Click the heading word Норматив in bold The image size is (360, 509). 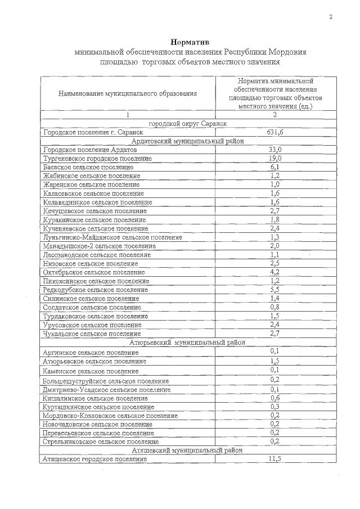tap(189, 42)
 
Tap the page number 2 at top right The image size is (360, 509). tap(331, 17)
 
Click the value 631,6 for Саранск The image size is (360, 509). tap(275, 132)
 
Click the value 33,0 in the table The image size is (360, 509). tap(275, 150)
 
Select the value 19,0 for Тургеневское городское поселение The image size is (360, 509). tap(275, 159)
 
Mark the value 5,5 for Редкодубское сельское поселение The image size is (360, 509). tap(275, 289)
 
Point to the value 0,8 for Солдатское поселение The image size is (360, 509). tap(275, 307)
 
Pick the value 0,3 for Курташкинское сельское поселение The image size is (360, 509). tap(275, 407)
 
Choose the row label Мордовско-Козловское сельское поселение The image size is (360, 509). tap(110, 416)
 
